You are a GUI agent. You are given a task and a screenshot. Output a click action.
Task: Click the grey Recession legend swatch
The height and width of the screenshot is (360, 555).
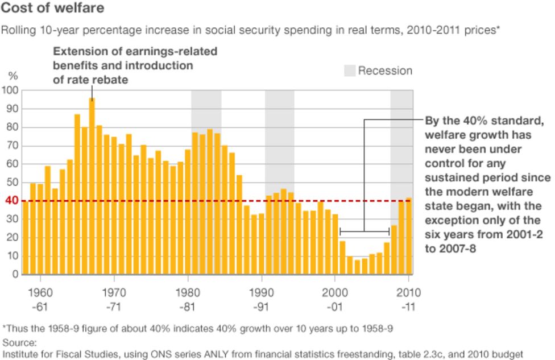[349, 71]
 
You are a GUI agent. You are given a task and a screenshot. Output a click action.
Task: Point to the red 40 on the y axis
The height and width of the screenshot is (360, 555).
[11, 201]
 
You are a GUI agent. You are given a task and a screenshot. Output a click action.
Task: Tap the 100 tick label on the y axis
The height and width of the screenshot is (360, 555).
[11, 90]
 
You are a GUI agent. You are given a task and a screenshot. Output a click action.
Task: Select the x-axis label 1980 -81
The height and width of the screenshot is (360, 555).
[188, 299]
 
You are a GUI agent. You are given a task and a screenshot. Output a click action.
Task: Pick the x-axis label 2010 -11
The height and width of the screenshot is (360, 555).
[408, 299]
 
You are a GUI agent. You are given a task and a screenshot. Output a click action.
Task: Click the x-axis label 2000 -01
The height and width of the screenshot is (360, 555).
[334, 299]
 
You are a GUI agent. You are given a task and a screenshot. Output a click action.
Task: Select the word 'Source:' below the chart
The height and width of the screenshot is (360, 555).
[20, 342]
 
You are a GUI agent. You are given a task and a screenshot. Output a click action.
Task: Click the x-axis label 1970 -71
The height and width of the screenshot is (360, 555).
[114, 299]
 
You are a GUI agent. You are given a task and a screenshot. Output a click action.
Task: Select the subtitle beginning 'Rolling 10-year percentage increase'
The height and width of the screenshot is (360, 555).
[250, 30]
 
